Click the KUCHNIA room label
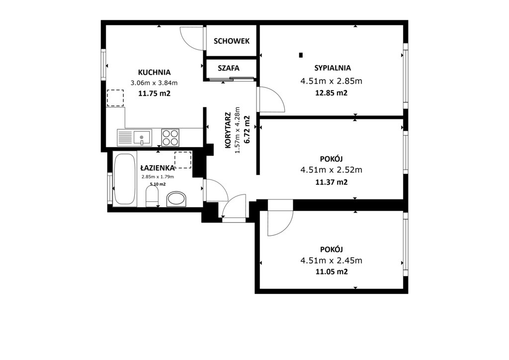click(x=154, y=72)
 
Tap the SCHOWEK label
click(x=232, y=41)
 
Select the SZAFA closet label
click(x=229, y=68)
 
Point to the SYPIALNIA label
click(x=333, y=68)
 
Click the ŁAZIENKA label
click(x=158, y=168)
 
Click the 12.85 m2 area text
click(x=332, y=93)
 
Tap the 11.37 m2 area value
click(x=332, y=182)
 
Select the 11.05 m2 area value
click(x=332, y=271)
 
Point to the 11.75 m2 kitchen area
click(x=155, y=93)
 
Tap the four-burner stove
click(x=170, y=137)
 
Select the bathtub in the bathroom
click(x=125, y=179)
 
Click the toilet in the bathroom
click(x=152, y=198)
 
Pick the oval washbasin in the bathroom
click(x=176, y=199)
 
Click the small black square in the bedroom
click(x=301, y=55)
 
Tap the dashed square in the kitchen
click(x=115, y=98)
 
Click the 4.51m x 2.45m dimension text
click(x=332, y=261)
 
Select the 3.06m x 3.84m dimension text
click(x=154, y=83)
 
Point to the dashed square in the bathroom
click(x=183, y=160)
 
